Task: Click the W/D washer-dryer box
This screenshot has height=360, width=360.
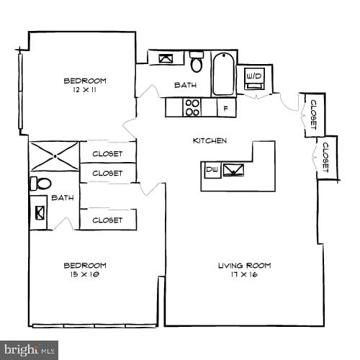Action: click(253, 76)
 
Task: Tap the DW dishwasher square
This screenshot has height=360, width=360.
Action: click(212, 170)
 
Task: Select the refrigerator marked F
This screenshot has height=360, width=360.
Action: click(226, 108)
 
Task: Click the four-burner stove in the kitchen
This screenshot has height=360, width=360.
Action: click(192, 107)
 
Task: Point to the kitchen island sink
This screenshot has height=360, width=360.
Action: click(234, 170)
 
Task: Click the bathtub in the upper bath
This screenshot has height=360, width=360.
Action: click(224, 73)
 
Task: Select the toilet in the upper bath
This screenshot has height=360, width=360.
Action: click(196, 62)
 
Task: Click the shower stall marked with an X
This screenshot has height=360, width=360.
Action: click(54, 156)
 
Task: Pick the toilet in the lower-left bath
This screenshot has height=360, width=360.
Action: click(40, 184)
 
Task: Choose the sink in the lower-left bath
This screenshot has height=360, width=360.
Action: click(39, 213)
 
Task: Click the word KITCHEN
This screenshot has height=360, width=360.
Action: click(210, 140)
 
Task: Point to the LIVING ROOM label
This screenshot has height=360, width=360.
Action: click(244, 266)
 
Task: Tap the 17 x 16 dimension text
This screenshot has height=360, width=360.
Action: click(244, 274)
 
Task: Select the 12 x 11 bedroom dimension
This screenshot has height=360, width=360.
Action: click(85, 89)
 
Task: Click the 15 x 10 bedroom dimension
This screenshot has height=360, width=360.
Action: click(85, 274)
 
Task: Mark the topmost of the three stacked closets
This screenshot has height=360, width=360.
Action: click(107, 153)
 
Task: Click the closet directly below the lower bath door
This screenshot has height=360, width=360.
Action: click(107, 220)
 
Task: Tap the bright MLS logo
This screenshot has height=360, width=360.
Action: click(29, 351)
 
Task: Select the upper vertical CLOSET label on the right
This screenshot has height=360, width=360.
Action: click(312, 114)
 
